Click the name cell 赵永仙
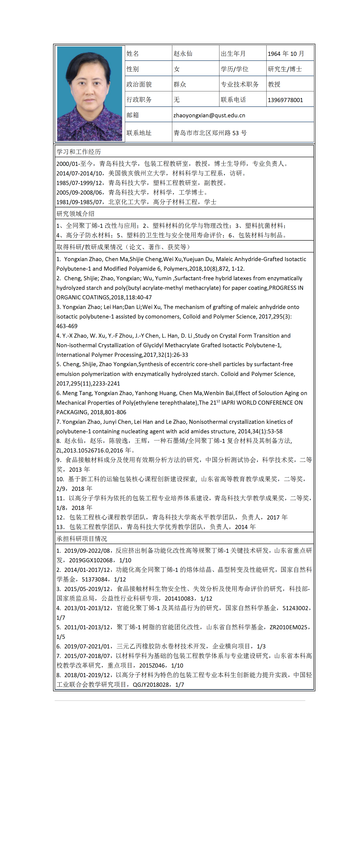(x=183, y=54)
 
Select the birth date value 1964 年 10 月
(x=286, y=54)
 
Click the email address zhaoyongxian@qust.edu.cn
(x=209, y=115)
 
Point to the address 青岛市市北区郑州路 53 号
(x=210, y=133)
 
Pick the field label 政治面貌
(x=139, y=84)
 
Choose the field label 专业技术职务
(x=240, y=84)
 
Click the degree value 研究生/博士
(x=285, y=69)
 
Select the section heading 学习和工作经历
(x=79, y=152)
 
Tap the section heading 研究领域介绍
(x=76, y=213)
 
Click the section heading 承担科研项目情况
(x=82, y=538)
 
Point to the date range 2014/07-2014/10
(x=80, y=173)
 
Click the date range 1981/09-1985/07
(x=80, y=202)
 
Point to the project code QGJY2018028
(x=151, y=684)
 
